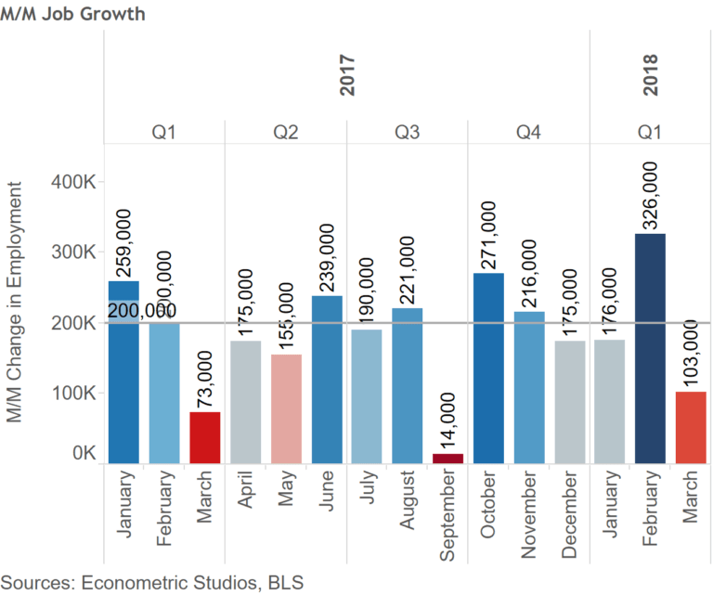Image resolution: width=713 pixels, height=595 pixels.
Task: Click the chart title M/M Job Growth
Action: (x=72, y=15)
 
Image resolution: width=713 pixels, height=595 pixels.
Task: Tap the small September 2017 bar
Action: (x=447, y=458)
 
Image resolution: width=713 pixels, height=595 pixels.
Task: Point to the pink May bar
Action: (x=286, y=408)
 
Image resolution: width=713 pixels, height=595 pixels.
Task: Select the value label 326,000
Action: (x=651, y=196)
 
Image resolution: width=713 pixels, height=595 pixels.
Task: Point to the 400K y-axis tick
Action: (x=77, y=183)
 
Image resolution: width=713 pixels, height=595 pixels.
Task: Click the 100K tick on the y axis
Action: (x=77, y=394)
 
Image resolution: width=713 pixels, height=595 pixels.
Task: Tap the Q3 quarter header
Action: (x=407, y=133)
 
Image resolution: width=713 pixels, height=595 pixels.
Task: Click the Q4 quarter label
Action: (x=529, y=133)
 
